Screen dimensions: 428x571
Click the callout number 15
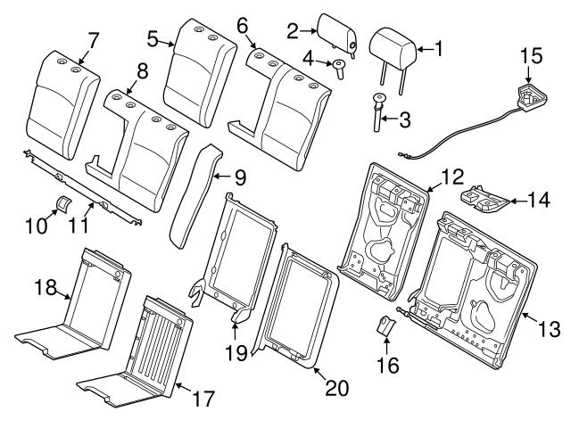(531, 56)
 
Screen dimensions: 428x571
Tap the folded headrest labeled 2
(329, 35)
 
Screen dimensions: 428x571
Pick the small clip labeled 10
(64, 202)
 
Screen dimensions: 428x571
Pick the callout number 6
(242, 28)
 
